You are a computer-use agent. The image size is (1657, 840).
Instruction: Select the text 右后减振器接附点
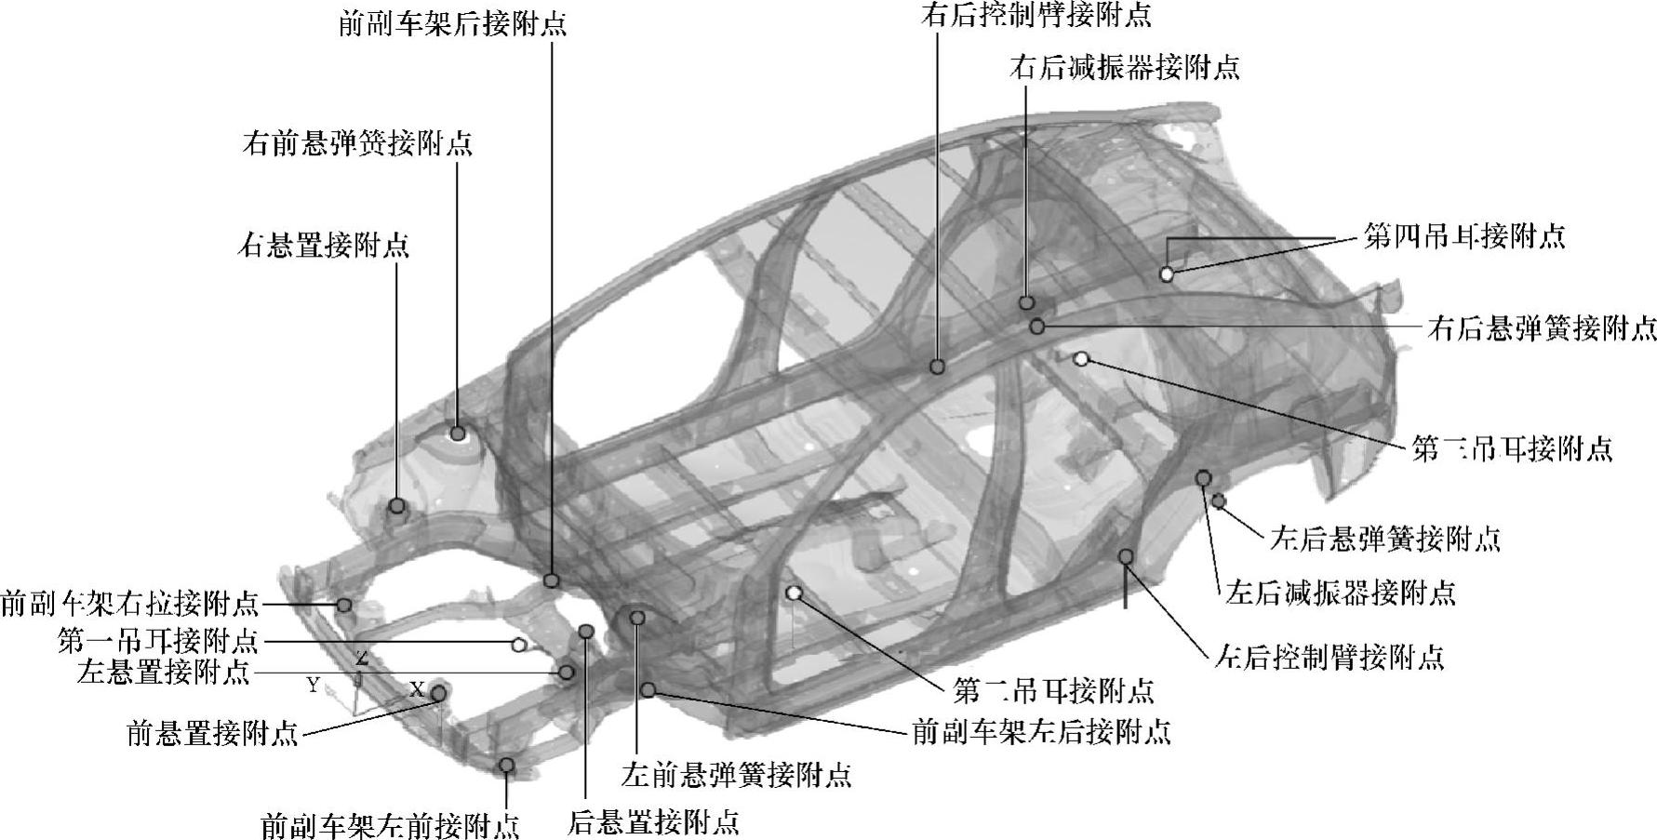click(1124, 67)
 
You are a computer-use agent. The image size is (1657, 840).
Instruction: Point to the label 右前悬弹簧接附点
click(357, 143)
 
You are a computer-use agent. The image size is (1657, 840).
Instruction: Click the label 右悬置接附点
click(324, 246)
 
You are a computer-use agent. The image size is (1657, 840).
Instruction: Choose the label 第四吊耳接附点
click(1463, 235)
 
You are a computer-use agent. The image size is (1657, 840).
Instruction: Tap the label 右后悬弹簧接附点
click(1542, 327)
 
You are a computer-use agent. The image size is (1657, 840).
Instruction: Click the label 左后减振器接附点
click(1340, 592)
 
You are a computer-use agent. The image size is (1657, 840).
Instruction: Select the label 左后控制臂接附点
click(1329, 658)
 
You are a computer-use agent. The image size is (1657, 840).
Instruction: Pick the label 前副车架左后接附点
click(1040, 731)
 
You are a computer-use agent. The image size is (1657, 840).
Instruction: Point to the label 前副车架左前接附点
click(389, 825)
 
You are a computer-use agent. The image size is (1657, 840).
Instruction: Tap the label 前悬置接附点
click(212, 733)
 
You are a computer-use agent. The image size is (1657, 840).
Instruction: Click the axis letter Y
click(314, 686)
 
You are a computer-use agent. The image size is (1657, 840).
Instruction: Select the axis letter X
click(417, 689)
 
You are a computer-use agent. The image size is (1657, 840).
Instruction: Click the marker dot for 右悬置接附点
click(397, 506)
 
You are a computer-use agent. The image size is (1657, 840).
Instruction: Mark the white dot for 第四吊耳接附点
click(1166, 273)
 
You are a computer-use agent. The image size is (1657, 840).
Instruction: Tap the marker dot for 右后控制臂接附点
click(938, 367)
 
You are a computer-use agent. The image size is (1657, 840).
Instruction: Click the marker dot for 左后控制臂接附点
click(1126, 556)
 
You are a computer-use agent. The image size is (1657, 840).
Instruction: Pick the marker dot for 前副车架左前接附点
click(507, 765)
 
